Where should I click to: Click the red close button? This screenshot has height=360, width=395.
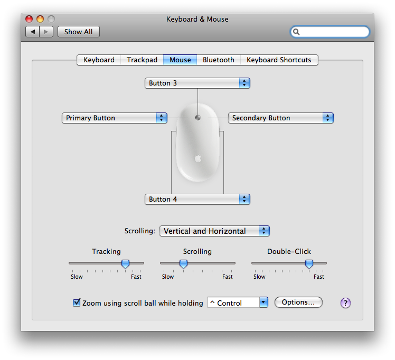(x=29, y=19)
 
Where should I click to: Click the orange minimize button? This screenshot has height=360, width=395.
(x=40, y=19)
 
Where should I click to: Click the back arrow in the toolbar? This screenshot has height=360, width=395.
(x=33, y=32)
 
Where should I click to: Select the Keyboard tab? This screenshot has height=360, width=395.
(x=99, y=60)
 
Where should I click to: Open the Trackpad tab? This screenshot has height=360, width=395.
(x=142, y=60)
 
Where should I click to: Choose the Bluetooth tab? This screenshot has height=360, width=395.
(x=219, y=60)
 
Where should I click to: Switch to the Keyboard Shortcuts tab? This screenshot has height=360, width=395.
(x=279, y=60)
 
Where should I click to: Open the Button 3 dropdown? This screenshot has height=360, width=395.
(x=197, y=83)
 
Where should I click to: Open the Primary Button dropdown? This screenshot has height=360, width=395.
(x=115, y=118)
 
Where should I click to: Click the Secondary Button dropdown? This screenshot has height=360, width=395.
(x=280, y=118)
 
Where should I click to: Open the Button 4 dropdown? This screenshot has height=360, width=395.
(x=197, y=199)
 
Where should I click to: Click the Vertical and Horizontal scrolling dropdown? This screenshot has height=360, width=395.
(x=214, y=231)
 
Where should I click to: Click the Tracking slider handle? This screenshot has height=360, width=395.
(x=126, y=264)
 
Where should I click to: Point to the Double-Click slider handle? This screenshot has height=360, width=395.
(x=309, y=264)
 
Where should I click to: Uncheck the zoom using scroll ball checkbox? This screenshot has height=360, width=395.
(x=77, y=302)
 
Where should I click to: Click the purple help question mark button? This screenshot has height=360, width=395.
(x=345, y=303)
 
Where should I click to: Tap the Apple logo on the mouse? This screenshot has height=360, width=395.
(x=198, y=158)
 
